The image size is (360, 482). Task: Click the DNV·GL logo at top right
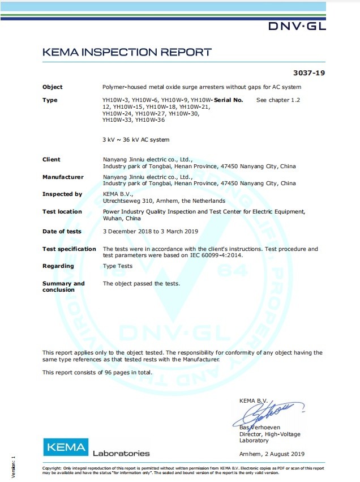coord(297,26)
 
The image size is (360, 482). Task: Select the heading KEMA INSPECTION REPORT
coord(127,53)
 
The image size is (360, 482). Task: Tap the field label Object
coord(53,87)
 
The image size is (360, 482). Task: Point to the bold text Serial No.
coord(229,100)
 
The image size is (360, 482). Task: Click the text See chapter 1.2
coord(278,100)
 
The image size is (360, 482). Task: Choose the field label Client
coord(52,160)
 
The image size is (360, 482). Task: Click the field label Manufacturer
coord(63,177)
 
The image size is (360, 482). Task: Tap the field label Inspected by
coord(62,194)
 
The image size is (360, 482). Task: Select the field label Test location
coord(62,212)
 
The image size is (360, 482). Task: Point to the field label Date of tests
coord(62,232)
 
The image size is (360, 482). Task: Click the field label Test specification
coord(69,249)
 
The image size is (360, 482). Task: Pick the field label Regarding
coord(58,266)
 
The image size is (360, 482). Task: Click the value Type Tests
coord(118,266)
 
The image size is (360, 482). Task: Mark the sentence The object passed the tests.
coord(141,284)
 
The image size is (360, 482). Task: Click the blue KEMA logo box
coord(66,447)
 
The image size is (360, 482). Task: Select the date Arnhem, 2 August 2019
coord(272,454)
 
